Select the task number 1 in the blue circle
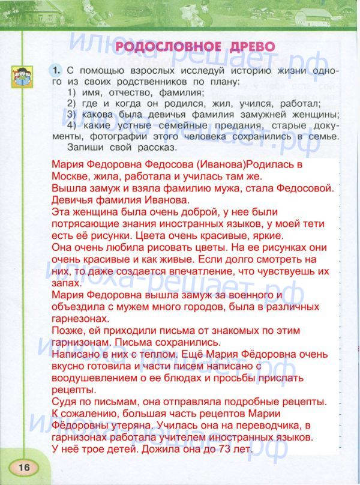[56, 71]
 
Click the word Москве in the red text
[70, 176]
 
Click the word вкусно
[69, 367]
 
